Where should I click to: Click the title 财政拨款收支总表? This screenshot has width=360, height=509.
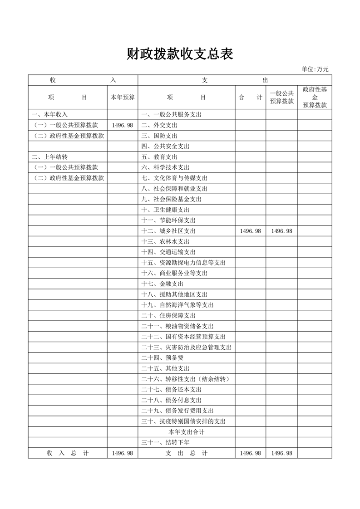(180, 54)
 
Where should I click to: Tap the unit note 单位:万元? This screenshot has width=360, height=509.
(315, 69)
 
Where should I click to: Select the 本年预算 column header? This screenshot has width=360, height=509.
(123, 97)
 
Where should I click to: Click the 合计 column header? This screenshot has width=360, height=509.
(250, 97)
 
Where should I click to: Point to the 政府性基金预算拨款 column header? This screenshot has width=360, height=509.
(315, 97)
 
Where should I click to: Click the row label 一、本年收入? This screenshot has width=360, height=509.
(50, 114)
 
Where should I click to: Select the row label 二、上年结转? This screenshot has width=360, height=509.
(50, 157)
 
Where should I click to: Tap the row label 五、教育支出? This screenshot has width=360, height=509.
(159, 157)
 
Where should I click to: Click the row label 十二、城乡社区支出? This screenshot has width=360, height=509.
(168, 231)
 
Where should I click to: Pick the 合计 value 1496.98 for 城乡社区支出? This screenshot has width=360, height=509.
(250, 231)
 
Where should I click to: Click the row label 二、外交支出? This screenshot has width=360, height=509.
(159, 125)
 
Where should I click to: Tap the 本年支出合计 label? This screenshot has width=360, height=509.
(186, 432)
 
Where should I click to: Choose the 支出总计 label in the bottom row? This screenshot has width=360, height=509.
(186, 453)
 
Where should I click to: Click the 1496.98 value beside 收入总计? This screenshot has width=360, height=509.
(123, 453)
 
